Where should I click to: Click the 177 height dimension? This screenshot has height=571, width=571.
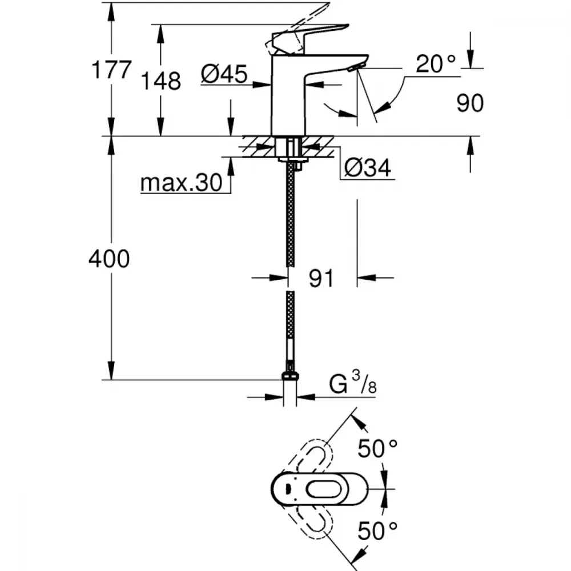point(112,71)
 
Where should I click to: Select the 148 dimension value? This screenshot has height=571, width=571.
point(162,81)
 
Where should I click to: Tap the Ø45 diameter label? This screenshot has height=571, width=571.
point(224,73)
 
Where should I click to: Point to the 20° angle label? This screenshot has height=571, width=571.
point(436,65)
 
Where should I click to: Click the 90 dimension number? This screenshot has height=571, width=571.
point(470,103)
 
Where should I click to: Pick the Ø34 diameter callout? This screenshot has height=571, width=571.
point(368,168)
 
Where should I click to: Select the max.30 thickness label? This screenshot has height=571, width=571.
point(180,183)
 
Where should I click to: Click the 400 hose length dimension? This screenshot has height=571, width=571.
point(109,259)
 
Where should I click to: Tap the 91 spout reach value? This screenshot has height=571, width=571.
point(321,279)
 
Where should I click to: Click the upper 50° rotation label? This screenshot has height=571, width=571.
point(377,449)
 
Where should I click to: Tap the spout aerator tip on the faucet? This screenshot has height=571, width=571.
point(353,69)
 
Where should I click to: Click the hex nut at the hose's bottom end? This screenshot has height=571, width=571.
point(290,376)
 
